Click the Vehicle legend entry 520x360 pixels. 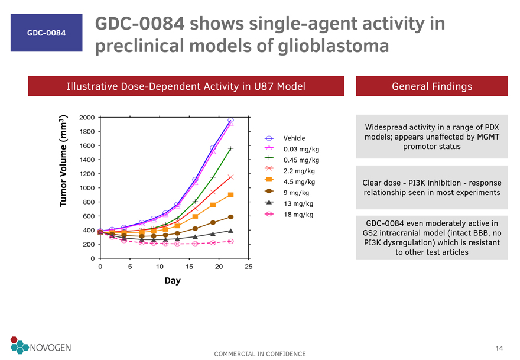tap(294, 138)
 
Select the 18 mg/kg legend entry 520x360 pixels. tap(297, 214)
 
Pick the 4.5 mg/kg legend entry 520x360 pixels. tap(299, 181)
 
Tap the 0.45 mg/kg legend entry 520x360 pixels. tap(301, 160)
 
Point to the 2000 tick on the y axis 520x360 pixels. tap(87, 118)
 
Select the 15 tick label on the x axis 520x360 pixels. tap(189, 267)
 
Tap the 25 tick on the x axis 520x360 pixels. tap(249, 267)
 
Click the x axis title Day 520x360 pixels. tap(173, 280)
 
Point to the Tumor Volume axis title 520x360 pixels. tap(63, 160)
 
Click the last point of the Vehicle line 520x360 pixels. tap(230, 121)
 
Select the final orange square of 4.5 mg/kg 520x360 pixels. tap(230, 195)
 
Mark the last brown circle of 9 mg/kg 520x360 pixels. tap(230, 217)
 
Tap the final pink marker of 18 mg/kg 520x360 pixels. tap(230, 241)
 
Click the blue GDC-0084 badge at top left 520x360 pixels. tap(46, 33)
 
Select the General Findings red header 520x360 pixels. tap(431, 86)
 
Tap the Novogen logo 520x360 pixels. tap(41, 347)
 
